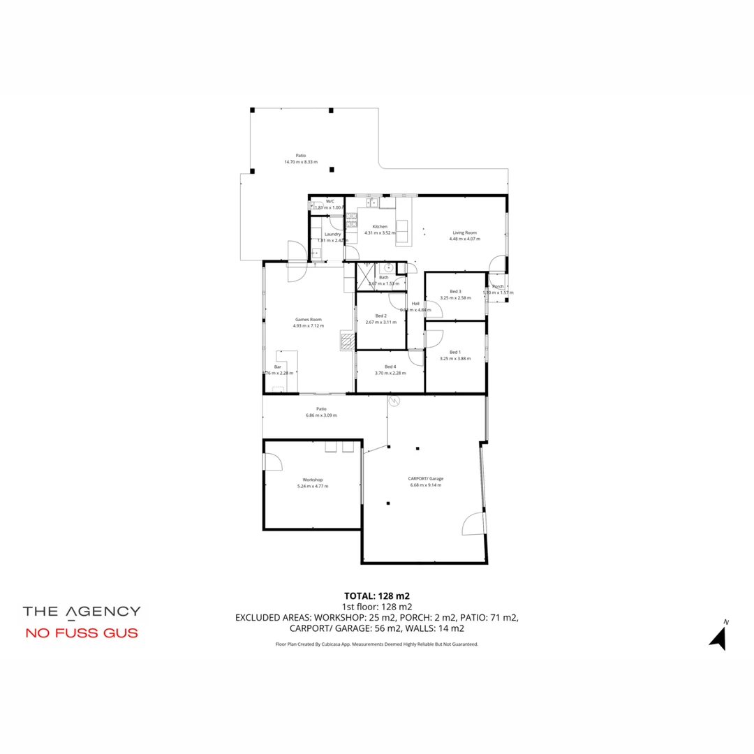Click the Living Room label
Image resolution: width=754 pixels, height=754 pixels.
tap(464, 232)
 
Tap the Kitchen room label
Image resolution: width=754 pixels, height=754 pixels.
tap(380, 227)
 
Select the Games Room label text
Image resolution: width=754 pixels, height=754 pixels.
tap(308, 319)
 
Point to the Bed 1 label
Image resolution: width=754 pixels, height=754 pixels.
tap(455, 352)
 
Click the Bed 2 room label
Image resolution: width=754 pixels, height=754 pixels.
tap(380, 316)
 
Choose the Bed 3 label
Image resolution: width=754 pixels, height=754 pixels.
tap(455, 291)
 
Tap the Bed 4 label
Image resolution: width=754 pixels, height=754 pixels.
tap(390, 367)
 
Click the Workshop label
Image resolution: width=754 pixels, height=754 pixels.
tap(312, 480)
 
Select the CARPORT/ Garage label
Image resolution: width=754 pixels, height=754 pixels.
tap(425, 479)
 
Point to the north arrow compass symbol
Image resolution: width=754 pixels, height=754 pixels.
tap(718, 636)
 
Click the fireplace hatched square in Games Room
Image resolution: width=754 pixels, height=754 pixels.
tap(347, 341)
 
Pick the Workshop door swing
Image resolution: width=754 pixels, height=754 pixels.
tap(272, 461)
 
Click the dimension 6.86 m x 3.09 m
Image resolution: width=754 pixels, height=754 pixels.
tap(321, 415)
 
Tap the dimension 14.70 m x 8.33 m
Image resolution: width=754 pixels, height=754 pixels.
tap(300, 162)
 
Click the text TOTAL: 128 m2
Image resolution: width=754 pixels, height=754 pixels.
tap(377, 596)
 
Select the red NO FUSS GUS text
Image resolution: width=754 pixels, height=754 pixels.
tap(82, 634)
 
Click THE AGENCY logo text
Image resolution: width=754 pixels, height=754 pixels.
tap(82, 612)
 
